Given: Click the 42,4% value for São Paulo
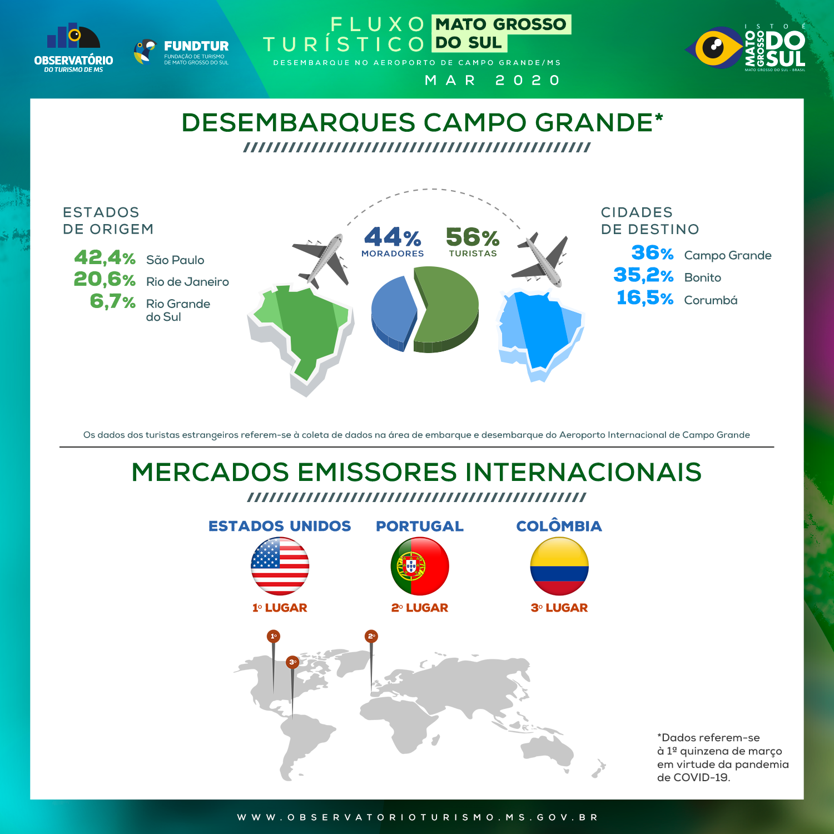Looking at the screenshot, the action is [105, 257].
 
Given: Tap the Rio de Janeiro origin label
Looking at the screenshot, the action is [187, 282].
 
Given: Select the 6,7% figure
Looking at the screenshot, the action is [113, 301].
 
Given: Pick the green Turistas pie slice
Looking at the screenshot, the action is [447, 309].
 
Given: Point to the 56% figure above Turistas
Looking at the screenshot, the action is [473, 237].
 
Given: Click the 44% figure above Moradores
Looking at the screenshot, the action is [393, 237].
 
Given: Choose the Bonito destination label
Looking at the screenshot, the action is [703, 277].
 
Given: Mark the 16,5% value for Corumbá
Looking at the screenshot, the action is [645, 298].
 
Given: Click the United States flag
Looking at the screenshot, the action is [280, 566].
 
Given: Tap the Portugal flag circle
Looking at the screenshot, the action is [420, 566].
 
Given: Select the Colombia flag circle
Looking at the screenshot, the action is [559, 566].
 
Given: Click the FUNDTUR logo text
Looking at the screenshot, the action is [196, 46].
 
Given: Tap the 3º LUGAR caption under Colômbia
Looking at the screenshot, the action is [559, 608].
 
